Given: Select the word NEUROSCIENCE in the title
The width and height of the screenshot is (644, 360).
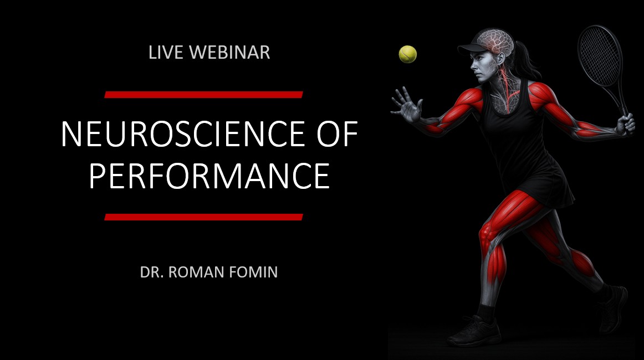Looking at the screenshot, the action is tap(183, 134).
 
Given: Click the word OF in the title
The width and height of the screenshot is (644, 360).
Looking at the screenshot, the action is tap(337, 134).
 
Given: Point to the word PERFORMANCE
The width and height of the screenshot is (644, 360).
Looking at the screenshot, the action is tap(209, 176).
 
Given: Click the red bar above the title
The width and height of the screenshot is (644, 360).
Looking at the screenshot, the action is tap(204, 95).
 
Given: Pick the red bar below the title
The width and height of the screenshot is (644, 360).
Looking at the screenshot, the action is tap(204, 217).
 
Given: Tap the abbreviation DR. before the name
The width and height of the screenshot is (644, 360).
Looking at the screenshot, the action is tap(152, 272).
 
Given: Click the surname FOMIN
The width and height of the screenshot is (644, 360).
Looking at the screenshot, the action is tap(253, 272).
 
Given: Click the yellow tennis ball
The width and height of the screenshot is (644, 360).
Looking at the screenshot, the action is tap(408, 54).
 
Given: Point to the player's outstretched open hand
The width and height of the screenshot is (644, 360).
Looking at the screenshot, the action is tap(407, 104).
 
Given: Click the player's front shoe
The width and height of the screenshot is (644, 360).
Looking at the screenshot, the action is tap(474, 331).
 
